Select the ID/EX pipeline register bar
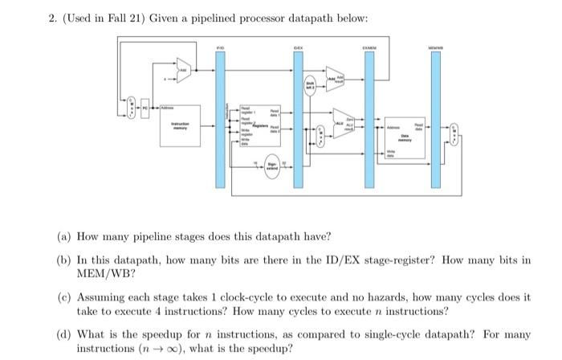(297, 121)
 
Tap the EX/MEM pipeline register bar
(372, 121)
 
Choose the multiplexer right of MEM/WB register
(455, 130)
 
